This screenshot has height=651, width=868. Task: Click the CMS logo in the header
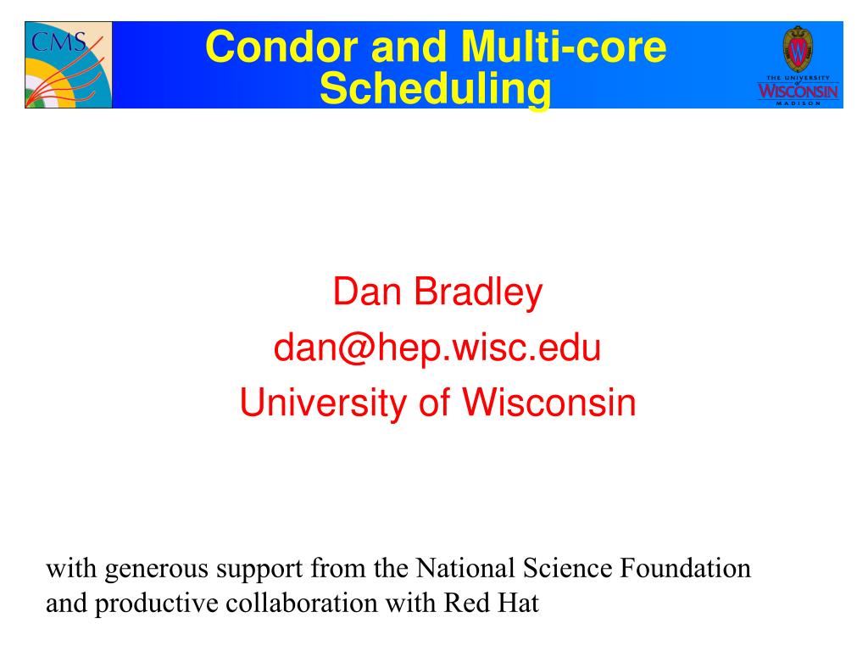pyautogui.click(x=69, y=64)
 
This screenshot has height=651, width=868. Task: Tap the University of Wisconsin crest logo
pyautogui.click(x=798, y=65)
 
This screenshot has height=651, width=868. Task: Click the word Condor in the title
pyautogui.click(x=281, y=47)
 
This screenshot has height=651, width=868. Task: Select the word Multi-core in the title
pyautogui.click(x=564, y=47)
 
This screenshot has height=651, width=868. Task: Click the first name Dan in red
pyautogui.click(x=366, y=292)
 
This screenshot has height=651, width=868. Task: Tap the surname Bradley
pyautogui.click(x=478, y=293)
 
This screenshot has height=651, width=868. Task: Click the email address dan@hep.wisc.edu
pyautogui.click(x=437, y=348)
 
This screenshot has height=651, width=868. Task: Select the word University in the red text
pyautogui.click(x=323, y=403)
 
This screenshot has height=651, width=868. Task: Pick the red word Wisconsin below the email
pyautogui.click(x=549, y=403)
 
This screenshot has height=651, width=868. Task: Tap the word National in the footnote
pyautogui.click(x=465, y=568)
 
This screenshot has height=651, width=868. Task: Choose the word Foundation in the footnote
pyautogui.click(x=685, y=568)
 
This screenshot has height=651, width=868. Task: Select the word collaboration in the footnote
pyautogui.click(x=302, y=603)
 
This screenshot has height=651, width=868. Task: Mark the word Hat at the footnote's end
pyautogui.click(x=519, y=603)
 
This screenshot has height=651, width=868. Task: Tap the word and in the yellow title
pyautogui.click(x=409, y=47)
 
